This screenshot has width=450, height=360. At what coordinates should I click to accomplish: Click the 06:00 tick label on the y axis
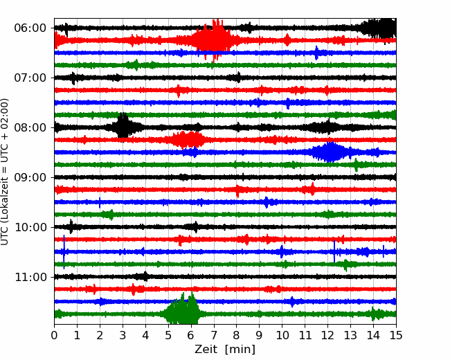[x=29, y=28]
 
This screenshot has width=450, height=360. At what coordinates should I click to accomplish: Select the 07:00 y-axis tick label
[x=29, y=78]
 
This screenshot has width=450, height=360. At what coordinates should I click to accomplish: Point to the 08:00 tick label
[x=29, y=127]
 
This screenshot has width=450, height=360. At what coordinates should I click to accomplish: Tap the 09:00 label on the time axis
[x=29, y=177]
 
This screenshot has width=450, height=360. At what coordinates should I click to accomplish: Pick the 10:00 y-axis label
[x=29, y=227]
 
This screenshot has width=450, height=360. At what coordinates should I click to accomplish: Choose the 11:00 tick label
[x=29, y=277]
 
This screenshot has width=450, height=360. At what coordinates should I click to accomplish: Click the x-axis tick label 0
[x=55, y=336]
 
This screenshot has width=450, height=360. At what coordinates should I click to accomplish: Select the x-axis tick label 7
[x=214, y=336]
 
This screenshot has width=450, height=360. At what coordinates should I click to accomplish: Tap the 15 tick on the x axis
[x=396, y=336]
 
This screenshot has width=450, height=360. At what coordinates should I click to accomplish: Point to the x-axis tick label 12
[x=327, y=336]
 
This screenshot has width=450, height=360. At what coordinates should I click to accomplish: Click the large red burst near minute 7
[x=213, y=40]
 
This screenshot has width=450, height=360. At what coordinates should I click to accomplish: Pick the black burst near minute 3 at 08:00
[x=123, y=127]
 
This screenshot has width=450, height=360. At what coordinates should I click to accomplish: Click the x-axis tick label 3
[x=123, y=336]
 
